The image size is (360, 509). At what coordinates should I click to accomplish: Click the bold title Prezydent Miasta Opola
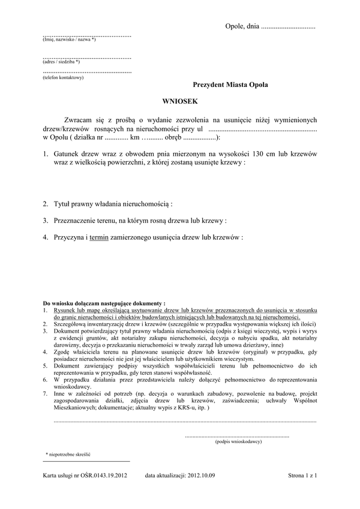230,86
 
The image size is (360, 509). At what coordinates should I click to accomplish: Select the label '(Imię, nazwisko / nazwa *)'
69,40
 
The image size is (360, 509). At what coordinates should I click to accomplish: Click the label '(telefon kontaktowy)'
63,77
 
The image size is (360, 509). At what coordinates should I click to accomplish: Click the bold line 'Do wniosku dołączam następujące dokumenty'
104,304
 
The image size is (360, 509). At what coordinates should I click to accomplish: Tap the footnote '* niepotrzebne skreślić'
68,456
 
